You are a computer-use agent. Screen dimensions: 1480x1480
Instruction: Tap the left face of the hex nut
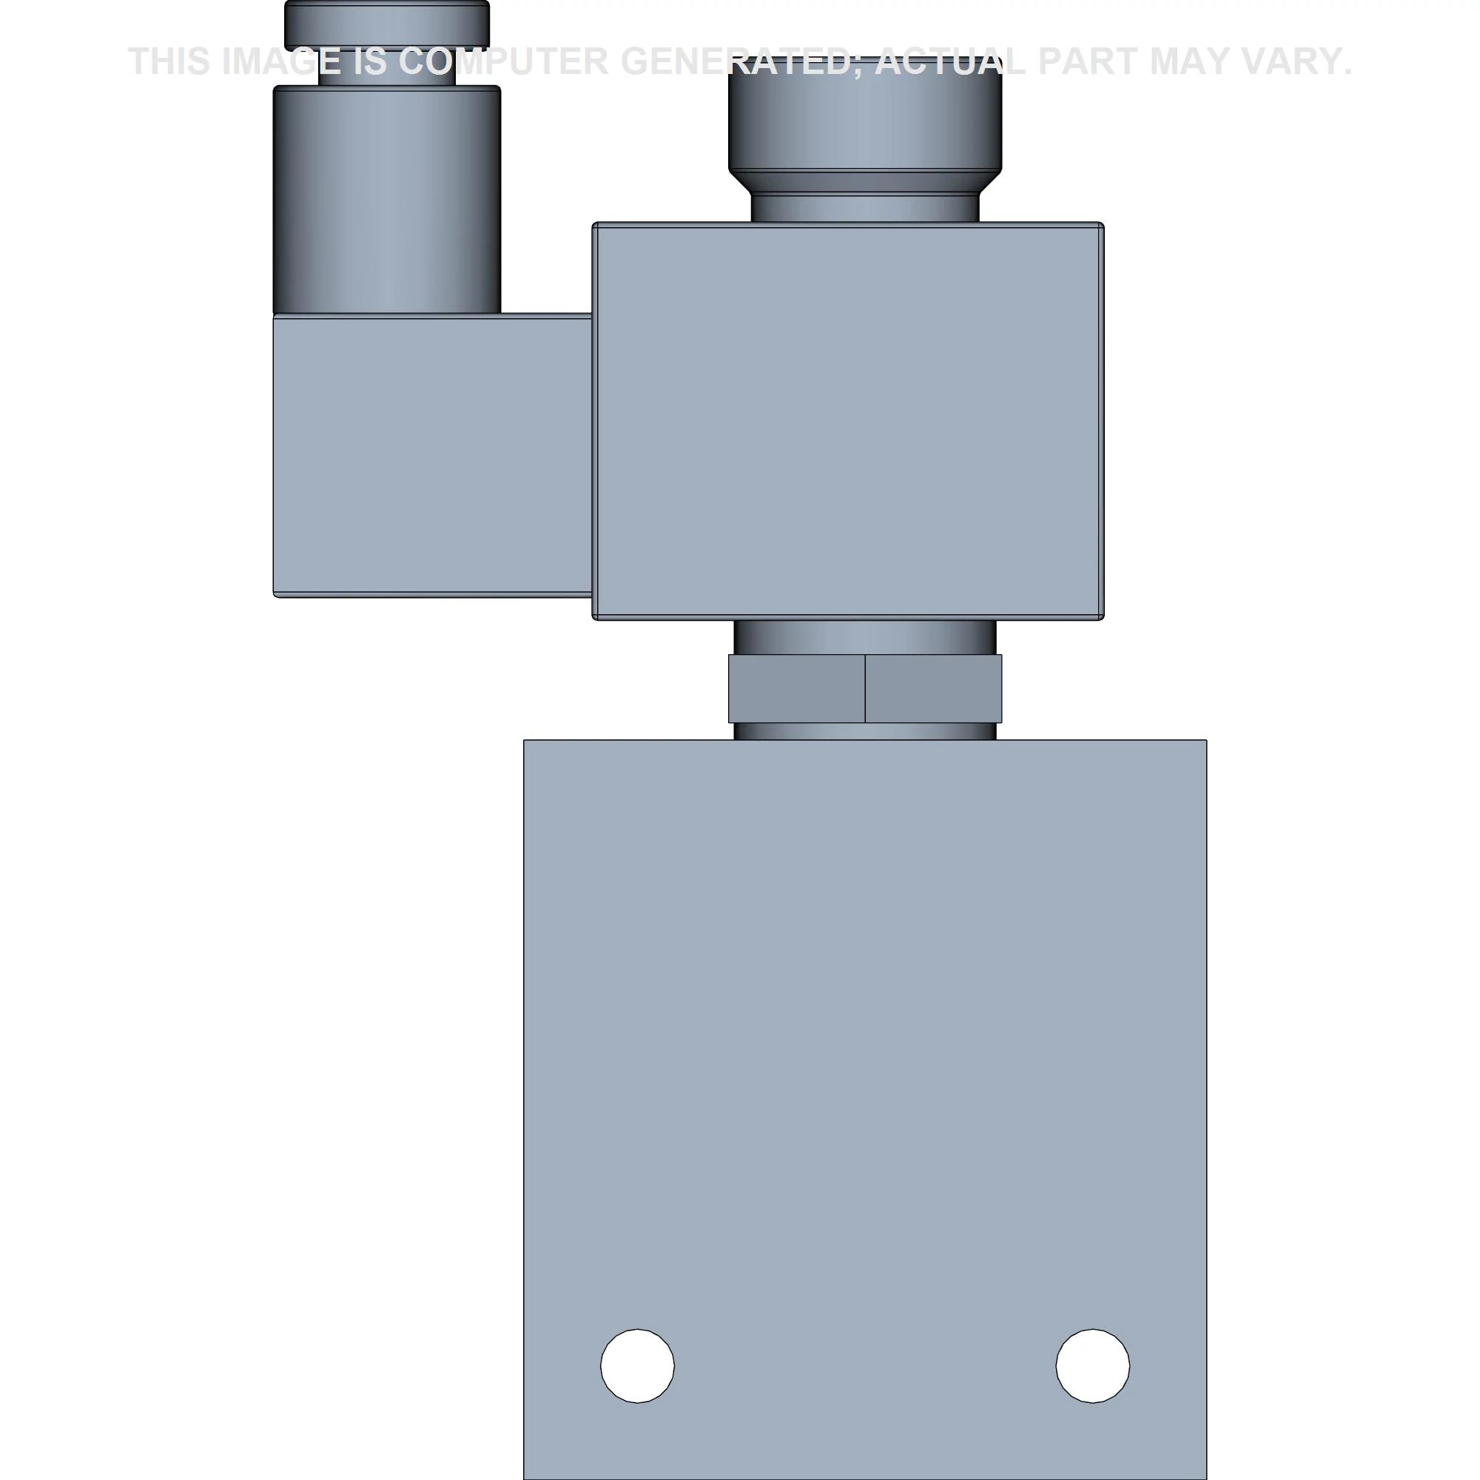797,689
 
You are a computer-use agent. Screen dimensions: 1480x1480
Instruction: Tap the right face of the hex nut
933,689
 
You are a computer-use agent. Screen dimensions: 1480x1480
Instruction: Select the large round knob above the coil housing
865,115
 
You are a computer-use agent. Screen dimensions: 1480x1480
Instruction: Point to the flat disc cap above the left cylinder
387,23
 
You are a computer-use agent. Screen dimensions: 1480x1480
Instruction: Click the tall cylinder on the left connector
387,199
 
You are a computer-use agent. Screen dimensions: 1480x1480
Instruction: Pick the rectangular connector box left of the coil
433,456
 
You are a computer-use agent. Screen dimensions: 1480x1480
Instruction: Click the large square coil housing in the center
848,421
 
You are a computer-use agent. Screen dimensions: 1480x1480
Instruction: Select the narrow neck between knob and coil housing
865,207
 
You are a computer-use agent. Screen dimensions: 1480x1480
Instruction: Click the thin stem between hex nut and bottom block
865,731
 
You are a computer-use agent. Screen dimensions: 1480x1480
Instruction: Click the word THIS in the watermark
169,61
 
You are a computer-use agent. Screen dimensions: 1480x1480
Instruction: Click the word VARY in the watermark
1301,61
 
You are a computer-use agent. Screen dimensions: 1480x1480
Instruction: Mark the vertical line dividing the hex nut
865,689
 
